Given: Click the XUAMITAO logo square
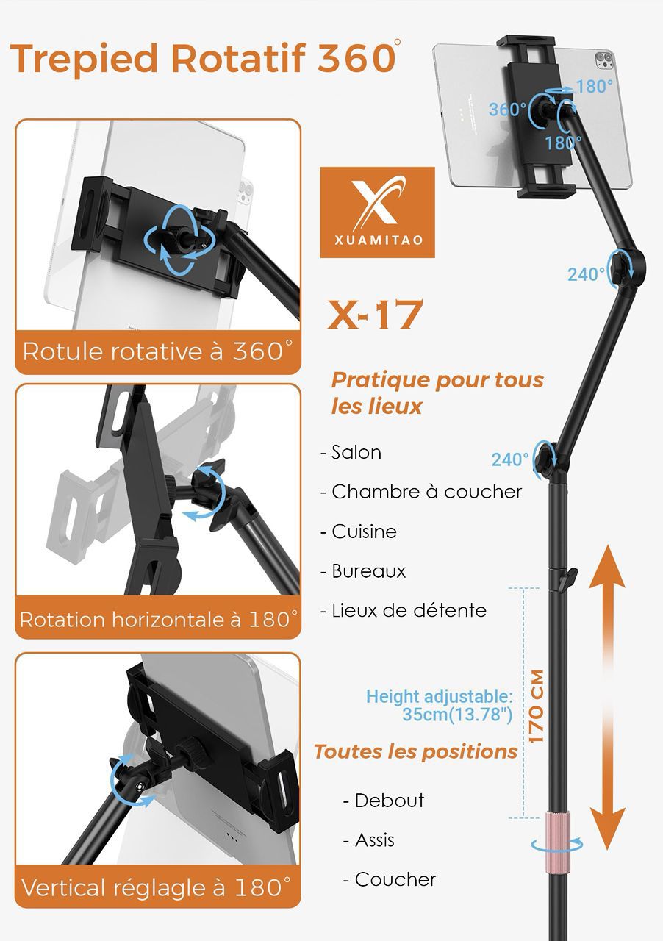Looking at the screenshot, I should click(377, 212).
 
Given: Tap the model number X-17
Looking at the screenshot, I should click(375, 315).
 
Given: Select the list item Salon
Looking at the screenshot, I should click(356, 452).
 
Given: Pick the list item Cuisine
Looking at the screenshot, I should click(364, 532).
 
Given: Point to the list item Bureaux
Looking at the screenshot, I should click(368, 571).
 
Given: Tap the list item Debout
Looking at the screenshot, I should click(389, 800).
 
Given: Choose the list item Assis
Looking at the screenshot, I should click(374, 840).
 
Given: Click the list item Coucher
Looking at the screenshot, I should click(395, 879).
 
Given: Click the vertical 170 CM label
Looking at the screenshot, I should click(536, 706).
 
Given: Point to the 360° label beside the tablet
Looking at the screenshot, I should click(507, 110).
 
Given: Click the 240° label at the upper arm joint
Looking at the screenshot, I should click(586, 274).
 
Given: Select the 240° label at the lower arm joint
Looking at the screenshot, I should click(510, 460).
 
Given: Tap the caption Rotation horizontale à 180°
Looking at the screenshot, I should click(158, 619).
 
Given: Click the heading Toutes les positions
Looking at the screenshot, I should click(416, 752).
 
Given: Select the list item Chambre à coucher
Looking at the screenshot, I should click(426, 492).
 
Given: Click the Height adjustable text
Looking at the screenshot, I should click(440, 697).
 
